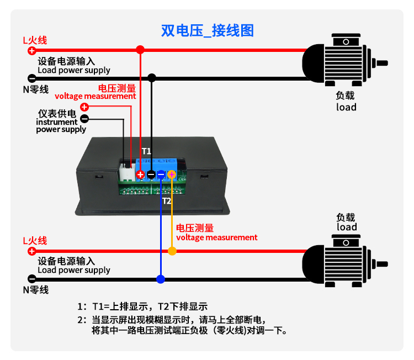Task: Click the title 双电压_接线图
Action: tap(208, 30)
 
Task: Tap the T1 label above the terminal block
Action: tap(146, 151)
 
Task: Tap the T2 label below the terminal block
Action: tap(167, 201)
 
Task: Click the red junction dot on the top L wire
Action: tap(140, 50)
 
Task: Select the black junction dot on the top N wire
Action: tap(152, 78)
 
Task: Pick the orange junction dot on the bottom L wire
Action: tap(172, 251)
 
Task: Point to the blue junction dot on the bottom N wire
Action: tap(161, 279)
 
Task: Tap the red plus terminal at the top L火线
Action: tap(31, 50)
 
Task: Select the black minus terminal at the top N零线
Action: tap(31, 78)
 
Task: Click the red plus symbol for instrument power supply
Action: tap(84, 107)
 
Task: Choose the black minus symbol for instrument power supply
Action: tap(84, 118)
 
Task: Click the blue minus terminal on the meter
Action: tap(161, 174)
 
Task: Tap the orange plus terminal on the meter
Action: tap(172, 174)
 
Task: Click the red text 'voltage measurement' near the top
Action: tap(95, 96)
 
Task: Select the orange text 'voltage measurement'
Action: tap(216, 237)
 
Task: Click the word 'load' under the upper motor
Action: tap(346, 107)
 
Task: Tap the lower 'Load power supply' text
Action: tap(74, 270)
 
